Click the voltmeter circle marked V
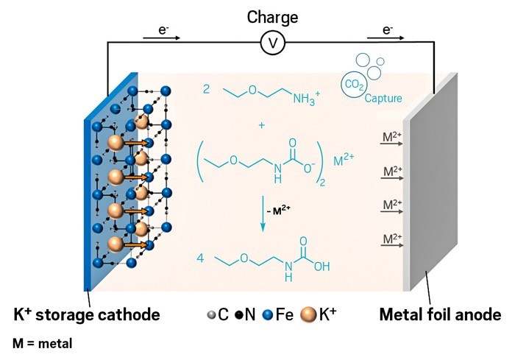pos(272,44)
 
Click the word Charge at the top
pos(272,15)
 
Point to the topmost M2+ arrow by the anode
pos(390,140)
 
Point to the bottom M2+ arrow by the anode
pos(390,241)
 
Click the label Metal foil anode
pos(440,315)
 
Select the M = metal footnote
pos(43,343)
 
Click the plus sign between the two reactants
pos(261,126)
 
